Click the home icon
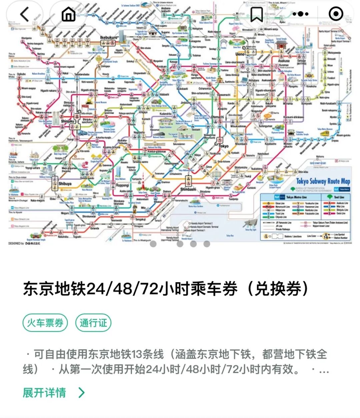(x=69, y=14)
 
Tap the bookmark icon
(x=257, y=14)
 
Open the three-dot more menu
(x=300, y=14)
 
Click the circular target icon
(x=335, y=14)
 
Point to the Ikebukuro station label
(x=109, y=38)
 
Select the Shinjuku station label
(x=68, y=121)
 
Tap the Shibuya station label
(x=65, y=184)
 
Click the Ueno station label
(x=240, y=54)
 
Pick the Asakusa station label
(x=284, y=61)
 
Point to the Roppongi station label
(x=122, y=185)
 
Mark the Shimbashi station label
(x=188, y=189)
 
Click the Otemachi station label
(x=217, y=117)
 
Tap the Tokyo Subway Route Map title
(x=323, y=181)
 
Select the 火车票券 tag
(x=45, y=323)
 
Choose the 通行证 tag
(x=93, y=323)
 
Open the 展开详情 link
(x=44, y=393)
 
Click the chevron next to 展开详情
(x=81, y=393)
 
